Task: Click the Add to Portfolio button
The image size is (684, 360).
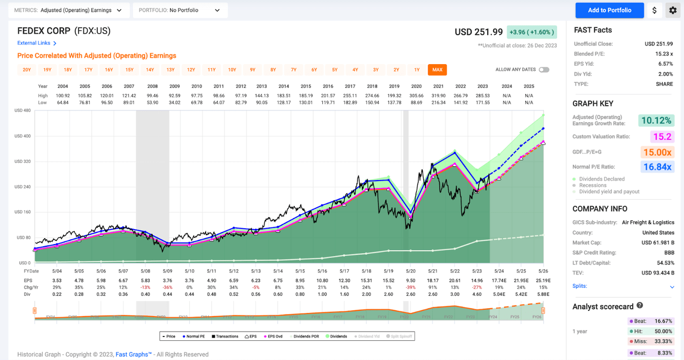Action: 609,10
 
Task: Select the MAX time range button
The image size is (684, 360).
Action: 437,70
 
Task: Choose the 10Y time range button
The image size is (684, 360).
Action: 232,70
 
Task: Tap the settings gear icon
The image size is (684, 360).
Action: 672,10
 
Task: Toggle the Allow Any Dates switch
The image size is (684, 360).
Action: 544,70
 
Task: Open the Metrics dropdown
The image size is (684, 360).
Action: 68,10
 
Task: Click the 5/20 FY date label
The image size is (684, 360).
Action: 410,272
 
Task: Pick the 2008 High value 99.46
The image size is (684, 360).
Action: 152,96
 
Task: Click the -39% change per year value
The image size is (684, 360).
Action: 410,287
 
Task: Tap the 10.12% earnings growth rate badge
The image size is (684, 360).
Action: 655,121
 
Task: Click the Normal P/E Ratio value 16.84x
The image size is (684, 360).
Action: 657,167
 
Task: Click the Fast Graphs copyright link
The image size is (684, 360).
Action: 134,354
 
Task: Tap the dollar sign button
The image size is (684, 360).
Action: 655,10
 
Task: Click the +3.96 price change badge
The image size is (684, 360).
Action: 532,32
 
